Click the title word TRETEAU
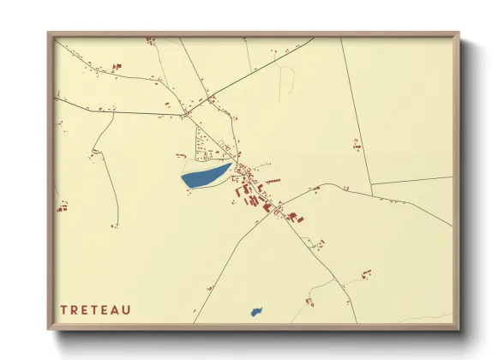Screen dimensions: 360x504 point(95,309)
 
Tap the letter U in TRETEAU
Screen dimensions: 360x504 point(128,309)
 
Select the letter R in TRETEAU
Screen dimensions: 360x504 point(75,309)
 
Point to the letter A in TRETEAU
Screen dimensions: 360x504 point(117,309)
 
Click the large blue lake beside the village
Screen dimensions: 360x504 point(204,177)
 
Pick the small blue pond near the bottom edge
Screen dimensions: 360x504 point(256,311)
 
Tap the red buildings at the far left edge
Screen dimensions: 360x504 point(62,206)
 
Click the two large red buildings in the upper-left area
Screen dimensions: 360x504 point(117,66)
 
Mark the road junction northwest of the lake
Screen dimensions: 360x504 point(184,112)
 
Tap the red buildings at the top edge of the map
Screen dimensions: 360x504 point(150,39)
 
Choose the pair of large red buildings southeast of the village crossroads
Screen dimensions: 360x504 point(296,217)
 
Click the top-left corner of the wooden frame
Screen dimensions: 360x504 point(48,33)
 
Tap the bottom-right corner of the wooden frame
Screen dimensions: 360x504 point(459,330)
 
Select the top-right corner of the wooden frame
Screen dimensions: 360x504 point(459,33)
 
